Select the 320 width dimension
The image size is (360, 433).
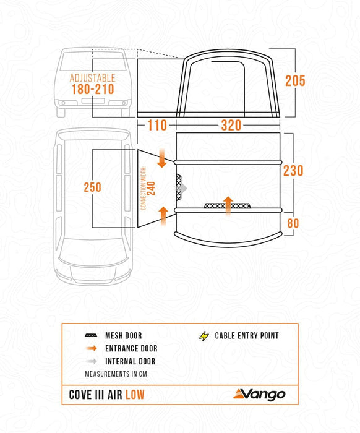[231, 126]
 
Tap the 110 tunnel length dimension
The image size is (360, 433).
[157, 126]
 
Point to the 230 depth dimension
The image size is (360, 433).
[293, 169]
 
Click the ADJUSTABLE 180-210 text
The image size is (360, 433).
[92, 84]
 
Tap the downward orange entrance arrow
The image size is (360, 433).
[162, 158]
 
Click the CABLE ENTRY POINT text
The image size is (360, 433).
[247, 336]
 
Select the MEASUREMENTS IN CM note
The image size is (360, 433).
[116, 374]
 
